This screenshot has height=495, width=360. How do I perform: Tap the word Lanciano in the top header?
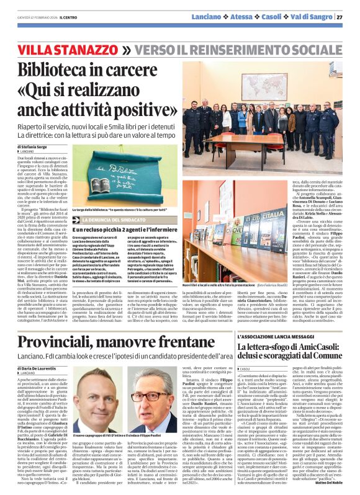coord(225,16)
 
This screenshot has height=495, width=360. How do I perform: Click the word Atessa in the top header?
coord(258,16)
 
